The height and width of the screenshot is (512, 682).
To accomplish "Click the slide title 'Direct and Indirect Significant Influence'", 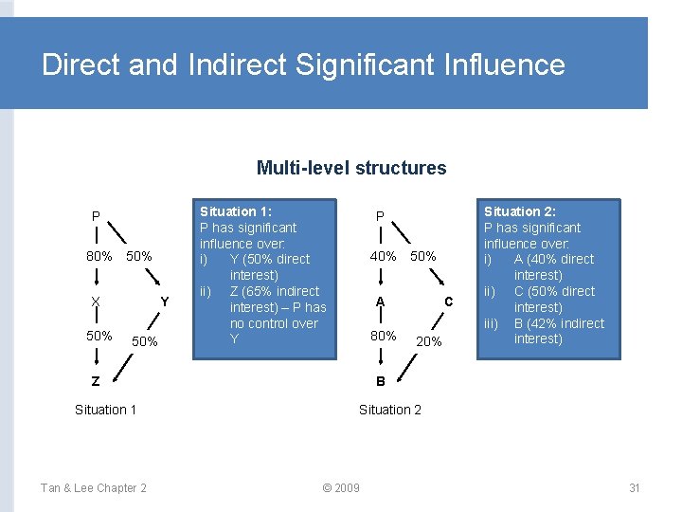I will coord(303,64).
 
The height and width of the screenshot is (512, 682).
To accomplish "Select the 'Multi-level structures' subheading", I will coord(350,168).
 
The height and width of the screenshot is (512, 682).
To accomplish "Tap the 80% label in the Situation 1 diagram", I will coord(99,257).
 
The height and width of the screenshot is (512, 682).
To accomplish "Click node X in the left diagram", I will coord(96,302).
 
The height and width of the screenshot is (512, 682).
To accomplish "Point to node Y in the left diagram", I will coord(164,302).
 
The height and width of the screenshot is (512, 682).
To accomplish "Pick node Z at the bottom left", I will coord(96,381).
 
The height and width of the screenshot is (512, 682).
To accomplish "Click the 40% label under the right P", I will coord(383,257).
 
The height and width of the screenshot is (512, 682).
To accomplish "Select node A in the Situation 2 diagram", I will coord(380,302).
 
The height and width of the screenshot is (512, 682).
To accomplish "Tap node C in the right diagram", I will coord(449,302).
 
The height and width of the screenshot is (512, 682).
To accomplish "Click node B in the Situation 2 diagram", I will coord(380,381).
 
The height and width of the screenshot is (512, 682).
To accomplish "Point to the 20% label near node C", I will coord(429,341).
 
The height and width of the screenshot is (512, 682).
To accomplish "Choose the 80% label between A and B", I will coord(383,336).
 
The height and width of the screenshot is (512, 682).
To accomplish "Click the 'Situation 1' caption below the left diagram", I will coord(106,410).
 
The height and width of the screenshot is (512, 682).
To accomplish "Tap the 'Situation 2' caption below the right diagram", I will coord(390,410).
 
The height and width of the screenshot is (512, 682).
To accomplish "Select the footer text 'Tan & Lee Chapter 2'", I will coord(93,487).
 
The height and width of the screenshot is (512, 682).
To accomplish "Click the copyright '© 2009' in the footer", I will coord(341,487).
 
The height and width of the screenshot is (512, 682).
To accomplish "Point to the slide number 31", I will coord(635,487).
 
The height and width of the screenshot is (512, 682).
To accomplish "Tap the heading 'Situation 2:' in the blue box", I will coord(520,211).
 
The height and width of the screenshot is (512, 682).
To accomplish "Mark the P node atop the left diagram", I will coord(96,217).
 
